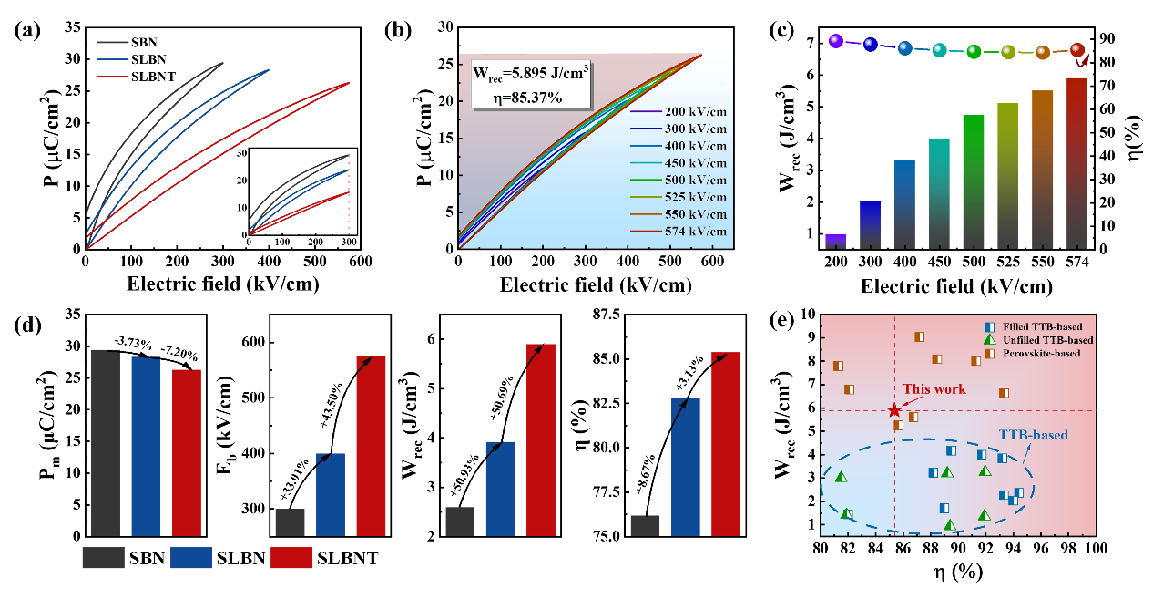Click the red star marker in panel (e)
[x=894, y=411]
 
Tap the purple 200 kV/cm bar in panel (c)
[x=836, y=242]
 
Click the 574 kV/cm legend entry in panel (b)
[x=683, y=232]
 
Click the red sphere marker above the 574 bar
[x=1077, y=51]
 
